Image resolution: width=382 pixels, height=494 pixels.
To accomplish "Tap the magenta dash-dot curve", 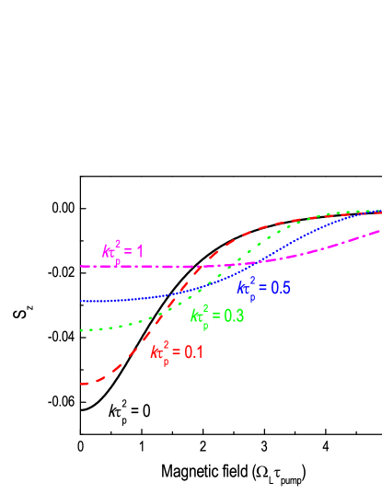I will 138,266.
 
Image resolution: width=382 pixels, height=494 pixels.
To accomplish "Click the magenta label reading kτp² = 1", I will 122,251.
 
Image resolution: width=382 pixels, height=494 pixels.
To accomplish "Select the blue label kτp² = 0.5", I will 263,288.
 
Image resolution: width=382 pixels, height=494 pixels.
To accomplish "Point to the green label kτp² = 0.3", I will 217,316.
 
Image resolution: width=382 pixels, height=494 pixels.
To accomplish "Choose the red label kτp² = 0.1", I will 177,351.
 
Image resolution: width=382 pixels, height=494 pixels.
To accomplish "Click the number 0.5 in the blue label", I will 280,288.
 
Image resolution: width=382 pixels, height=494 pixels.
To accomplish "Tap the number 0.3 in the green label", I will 233,316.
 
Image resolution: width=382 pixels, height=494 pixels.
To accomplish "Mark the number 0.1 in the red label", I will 193,351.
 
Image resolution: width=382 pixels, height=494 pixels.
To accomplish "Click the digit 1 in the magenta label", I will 140,250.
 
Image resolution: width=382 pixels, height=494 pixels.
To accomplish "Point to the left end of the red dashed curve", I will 83,383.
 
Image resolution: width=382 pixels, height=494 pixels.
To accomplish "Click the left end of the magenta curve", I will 82,266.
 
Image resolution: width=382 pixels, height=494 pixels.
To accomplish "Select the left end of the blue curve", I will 82,301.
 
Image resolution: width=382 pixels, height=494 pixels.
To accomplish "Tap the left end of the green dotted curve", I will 82,329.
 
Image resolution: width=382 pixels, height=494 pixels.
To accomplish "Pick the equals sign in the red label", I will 178,352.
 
